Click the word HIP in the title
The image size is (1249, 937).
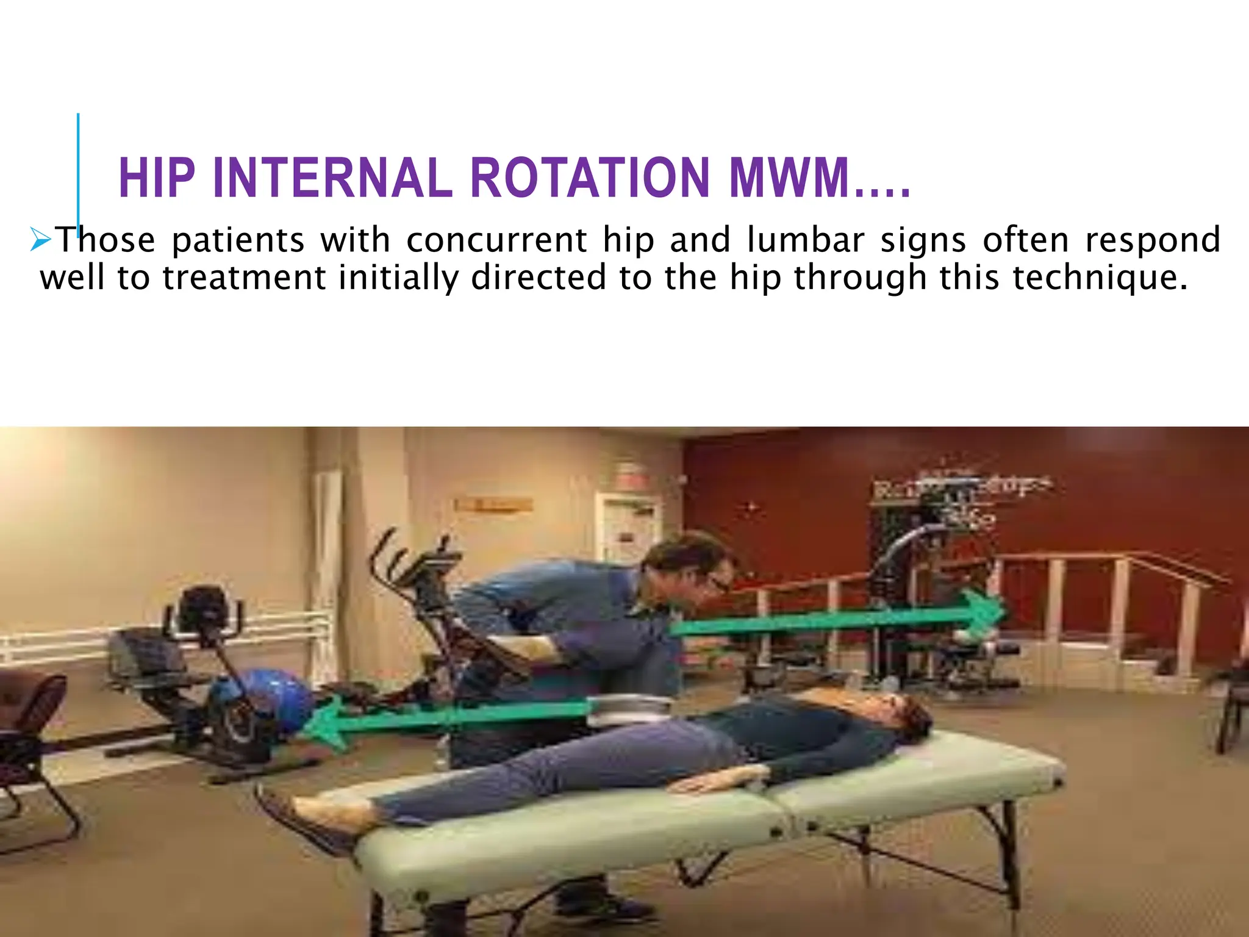(157, 178)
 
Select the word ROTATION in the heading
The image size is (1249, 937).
(590, 178)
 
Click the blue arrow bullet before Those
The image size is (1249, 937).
(41, 240)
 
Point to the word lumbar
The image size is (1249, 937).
(805, 239)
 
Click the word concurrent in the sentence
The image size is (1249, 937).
(496, 239)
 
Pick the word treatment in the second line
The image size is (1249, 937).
(244, 277)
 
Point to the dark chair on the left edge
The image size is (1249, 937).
(30, 732)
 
